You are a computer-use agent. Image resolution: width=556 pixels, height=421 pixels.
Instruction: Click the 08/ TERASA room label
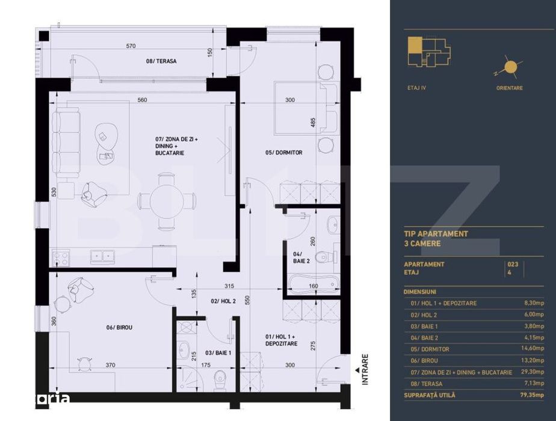point(161,61)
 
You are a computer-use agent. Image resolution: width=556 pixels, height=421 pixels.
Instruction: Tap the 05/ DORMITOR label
point(284,153)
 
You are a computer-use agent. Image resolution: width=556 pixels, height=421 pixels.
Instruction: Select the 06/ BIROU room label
point(119,327)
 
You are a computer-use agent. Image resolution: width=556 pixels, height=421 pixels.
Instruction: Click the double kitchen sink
point(100,256)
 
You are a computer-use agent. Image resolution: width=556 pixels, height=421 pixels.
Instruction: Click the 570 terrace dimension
point(131,46)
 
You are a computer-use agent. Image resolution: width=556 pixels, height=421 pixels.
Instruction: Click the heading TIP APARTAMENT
point(436,233)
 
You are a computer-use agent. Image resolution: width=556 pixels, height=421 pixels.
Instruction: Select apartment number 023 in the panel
point(513,264)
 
